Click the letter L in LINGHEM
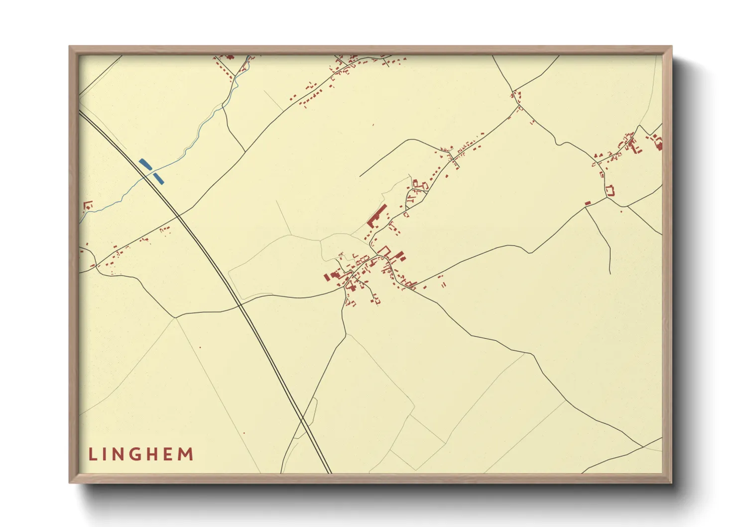coord(92,454)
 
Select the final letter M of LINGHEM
coord(186,454)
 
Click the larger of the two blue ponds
coord(145,164)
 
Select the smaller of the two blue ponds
coord(158,178)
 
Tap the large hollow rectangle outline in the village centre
coord(383,250)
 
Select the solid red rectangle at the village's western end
coord(327,276)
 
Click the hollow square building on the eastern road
coord(610,190)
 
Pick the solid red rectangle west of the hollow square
coord(588,203)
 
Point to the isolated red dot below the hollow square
coord(621,211)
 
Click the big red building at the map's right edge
coord(658,144)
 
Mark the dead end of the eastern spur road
coord(611,273)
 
